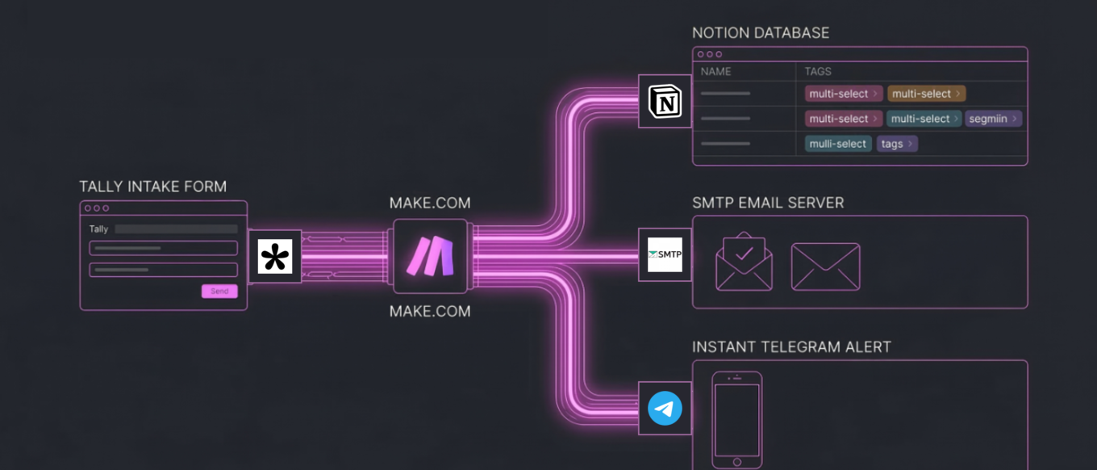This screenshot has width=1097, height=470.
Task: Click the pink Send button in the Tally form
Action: point(219,291)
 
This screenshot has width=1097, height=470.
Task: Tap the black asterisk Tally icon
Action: point(275,257)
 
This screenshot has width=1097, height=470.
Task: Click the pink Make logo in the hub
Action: point(430,256)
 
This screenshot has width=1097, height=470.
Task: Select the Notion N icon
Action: point(665,102)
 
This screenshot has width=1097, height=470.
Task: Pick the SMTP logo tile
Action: point(665,255)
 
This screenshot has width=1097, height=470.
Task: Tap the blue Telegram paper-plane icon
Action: point(665,409)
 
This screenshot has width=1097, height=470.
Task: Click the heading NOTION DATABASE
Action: point(761,33)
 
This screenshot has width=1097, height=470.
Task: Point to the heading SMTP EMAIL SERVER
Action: point(768,203)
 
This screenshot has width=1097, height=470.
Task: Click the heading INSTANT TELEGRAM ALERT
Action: point(791,347)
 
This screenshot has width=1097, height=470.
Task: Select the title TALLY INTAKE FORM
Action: point(152,187)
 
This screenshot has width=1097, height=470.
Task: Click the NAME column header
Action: point(715,71)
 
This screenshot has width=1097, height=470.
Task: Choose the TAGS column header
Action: point(817,71)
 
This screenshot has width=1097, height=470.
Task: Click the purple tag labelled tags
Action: point(896,144)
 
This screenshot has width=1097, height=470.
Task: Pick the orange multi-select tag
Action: point(926,94)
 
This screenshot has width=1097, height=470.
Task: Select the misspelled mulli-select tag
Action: point(838,144)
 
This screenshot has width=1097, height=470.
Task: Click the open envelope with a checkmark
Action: point(744,262)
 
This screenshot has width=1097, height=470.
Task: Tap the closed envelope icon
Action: point(825,266)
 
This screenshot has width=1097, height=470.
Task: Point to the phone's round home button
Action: point(736,461)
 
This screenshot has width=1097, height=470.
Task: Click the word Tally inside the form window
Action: point(98,229)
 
